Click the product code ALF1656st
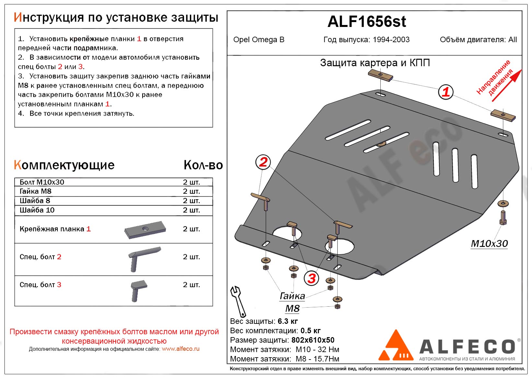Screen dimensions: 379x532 (366, 22)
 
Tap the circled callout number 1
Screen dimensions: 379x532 (446, 92)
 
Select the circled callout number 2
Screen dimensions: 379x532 (263, 162)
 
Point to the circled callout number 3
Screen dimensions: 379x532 (311, 278)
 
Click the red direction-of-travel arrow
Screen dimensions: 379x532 (505, 85)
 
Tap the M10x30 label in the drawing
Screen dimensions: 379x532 (489, 244)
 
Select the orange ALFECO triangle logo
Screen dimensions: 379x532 (396, 347)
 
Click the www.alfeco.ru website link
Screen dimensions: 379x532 (180, 349)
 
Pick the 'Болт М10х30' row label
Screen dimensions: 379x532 (42, 182)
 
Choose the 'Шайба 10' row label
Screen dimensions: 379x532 (37, 210)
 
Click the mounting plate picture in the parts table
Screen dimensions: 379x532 (145, 230)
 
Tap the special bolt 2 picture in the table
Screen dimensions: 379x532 (143, 259)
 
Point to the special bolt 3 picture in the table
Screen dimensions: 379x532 (138, 290)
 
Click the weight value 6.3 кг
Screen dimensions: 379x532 (288, 321)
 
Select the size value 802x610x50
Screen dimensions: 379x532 (313, 340)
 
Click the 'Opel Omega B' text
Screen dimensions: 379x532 (259, 40)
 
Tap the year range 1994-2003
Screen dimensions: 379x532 (391, 40)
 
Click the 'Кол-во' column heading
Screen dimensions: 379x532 (203, 165)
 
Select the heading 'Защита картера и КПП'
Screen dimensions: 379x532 (375, 63)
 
